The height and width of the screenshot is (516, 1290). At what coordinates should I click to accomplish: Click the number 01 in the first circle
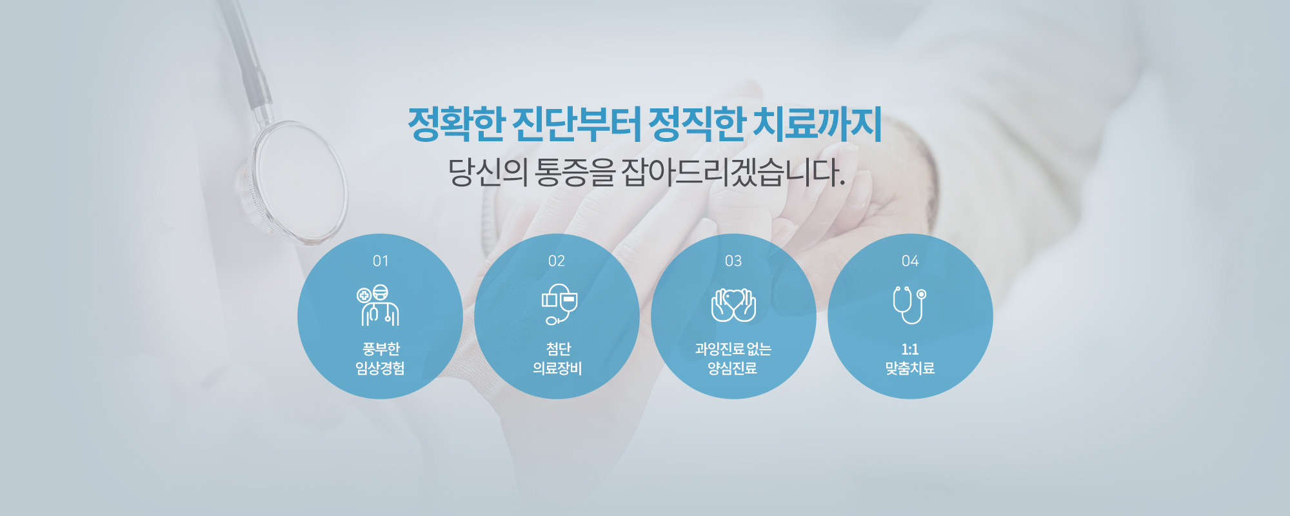[x=381, y=261]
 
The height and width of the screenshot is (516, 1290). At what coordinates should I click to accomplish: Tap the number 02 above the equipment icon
[x=557, y=261]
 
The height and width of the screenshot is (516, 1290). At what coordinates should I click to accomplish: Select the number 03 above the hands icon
[x=733, y=261]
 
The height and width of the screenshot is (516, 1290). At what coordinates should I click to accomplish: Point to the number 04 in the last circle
[x=910, y=261]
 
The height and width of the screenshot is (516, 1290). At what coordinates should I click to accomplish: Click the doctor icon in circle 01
[x=379, y=305]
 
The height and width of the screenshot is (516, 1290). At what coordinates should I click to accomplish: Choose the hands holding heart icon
[x=733, y=305]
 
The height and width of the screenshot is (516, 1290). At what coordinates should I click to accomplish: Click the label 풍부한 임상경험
[x=381, y=359]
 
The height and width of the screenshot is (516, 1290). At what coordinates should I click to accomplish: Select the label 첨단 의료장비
[x=557, y=359]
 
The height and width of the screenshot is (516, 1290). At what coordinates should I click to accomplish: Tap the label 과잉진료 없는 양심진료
[x=733, y=359]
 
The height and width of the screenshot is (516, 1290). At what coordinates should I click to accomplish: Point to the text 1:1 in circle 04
[x=910, y=350]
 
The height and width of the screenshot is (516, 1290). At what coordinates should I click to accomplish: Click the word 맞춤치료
[x=910, y=368]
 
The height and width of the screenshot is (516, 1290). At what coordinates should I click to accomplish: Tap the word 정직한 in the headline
[x=697, y=124]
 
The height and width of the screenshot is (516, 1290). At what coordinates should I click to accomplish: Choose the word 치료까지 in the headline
[x=818, y=124]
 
